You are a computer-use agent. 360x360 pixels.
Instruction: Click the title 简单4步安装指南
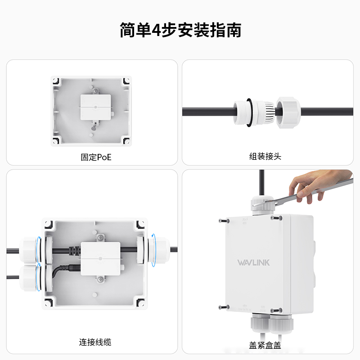point(180,30)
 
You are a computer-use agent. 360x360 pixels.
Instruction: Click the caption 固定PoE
point(96,157)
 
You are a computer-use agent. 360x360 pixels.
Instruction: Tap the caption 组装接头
point(265,156)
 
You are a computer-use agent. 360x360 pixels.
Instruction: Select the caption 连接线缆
point(95,342)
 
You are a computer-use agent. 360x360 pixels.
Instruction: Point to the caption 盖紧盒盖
point(265,345)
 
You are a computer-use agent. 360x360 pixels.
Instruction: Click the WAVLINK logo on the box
point(253,263)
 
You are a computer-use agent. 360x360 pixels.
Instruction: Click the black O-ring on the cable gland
point(249,112)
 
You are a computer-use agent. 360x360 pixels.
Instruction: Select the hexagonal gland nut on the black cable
point(288,112)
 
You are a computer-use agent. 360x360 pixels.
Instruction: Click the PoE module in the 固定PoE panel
point(95,107)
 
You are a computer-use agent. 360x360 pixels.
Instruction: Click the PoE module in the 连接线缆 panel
point(100,258)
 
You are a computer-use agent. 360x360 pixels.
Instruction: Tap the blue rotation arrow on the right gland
point(153,250)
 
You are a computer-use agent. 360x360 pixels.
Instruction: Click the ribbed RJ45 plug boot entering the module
point(74,250)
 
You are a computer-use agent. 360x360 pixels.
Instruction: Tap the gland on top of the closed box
point(262,205)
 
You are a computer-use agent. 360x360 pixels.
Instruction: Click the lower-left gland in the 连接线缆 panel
point(29,278)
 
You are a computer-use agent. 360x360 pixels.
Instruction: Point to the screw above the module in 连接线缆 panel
point(100,238)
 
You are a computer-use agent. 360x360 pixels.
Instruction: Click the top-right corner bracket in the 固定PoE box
point(126,81)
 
